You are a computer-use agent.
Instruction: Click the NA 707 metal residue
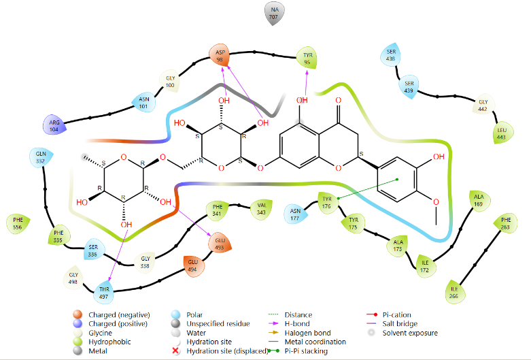(274, 13)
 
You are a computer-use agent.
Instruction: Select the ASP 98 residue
(220, 55)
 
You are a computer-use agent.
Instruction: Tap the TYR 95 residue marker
(307, 58)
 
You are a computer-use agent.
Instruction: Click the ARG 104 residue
(54, 125)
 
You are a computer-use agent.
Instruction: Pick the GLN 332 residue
(41, 157)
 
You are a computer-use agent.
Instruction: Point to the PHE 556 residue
(18, 224)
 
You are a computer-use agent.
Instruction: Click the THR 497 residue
(103, 292)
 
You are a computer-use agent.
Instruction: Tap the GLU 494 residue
(193, 265)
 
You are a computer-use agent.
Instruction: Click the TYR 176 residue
(328, 202)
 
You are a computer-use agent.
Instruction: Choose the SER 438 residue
(391, 54)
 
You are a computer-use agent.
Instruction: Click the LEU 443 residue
(502, 133)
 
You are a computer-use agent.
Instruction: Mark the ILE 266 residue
(454, 292)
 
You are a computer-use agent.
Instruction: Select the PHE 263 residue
(506, 223)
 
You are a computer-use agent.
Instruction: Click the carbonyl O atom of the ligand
(339, 100)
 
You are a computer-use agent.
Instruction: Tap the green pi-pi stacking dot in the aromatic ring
(397, 180)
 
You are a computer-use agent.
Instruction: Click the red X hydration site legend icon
(175, 351)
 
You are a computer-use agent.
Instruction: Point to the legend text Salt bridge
(400, 324)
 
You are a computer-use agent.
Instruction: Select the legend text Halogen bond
(307, 333)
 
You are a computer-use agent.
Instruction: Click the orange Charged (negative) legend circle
(78, 315)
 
